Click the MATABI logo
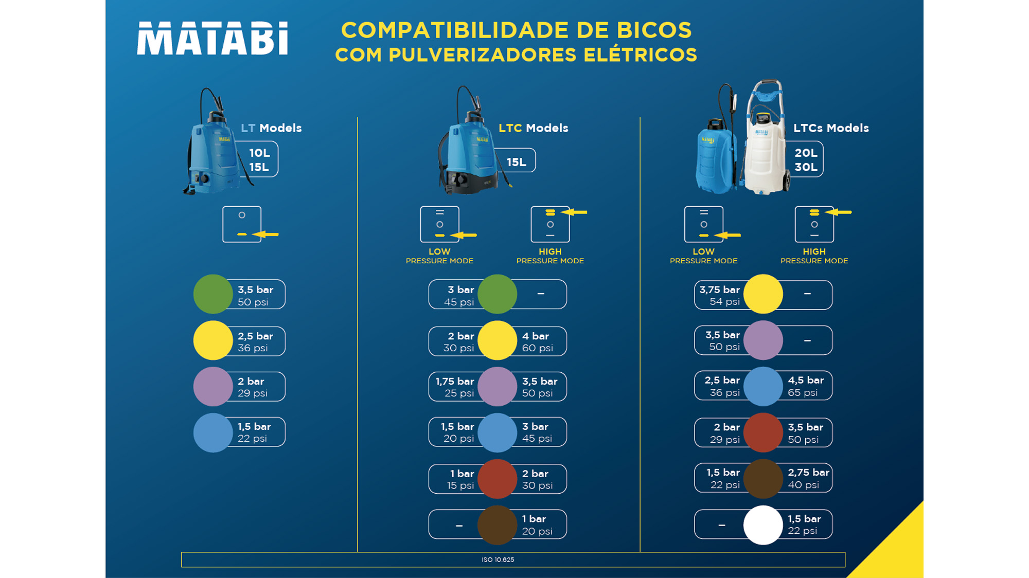pos(212,38)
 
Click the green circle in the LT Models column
pos(213,294)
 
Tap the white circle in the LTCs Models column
pos(763,525)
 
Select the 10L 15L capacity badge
pos(259,160)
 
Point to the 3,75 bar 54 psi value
pos(719,296)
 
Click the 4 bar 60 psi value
pos(537,342)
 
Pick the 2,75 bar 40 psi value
pos(808,479)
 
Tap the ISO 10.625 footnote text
pos(498,559)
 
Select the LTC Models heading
pos(533,128)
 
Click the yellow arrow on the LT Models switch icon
pos(267,234)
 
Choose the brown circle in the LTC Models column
pos(497,525)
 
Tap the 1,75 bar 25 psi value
pos(455,387)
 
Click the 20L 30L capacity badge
pos(806,160)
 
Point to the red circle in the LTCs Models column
pos(763,433)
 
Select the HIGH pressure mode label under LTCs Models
pos(814,256)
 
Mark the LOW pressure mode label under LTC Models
pos(439,256)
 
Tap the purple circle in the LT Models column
pos(213,387)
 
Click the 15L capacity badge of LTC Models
pos(516,162)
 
